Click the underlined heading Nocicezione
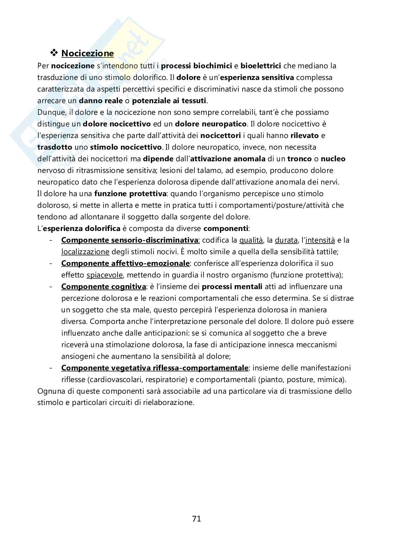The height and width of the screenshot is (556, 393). (x=87, y=54)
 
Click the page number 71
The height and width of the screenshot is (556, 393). (x=196, y=518)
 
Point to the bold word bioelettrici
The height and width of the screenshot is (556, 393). (x=261, y=65)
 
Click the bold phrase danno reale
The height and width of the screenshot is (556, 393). (x=101, y=100)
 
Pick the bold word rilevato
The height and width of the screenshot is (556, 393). (x=305, y=135)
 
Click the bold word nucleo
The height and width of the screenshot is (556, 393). (x=333, y=158)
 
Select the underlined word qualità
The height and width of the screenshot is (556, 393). (x=251, y=240)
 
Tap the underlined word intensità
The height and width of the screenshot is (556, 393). (x=320, y=240)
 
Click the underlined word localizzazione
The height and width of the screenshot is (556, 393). (x=85, y=252)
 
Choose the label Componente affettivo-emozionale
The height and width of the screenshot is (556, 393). (x=125, y=263)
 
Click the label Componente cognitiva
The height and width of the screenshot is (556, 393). (x=104, y=287)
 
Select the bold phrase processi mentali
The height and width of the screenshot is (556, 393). (x=232, y=287)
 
